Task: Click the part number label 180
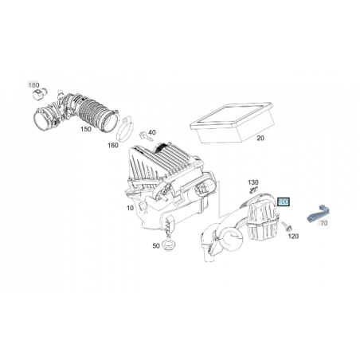click(x=33, y=85)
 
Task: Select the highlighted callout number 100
click(x=284, y=202)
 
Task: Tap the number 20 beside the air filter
click(x=260, y=138)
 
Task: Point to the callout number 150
click(x=86, y=129)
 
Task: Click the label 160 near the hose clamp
click(x=113, y=145)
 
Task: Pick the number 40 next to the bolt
click(x=152, y=132)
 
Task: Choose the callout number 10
click(x=130, y=208)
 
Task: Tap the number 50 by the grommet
click(x=156, y=246)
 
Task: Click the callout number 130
click(x=253, y=182)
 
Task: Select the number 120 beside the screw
click(x=293, y=236)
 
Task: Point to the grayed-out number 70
click(x=324, y=223)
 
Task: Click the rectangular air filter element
click(x=232, y=121)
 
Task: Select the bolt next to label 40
click(x=144, y=136)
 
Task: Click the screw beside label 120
click(x=287, y=226)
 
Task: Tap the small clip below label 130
click(x=254, y=190)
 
